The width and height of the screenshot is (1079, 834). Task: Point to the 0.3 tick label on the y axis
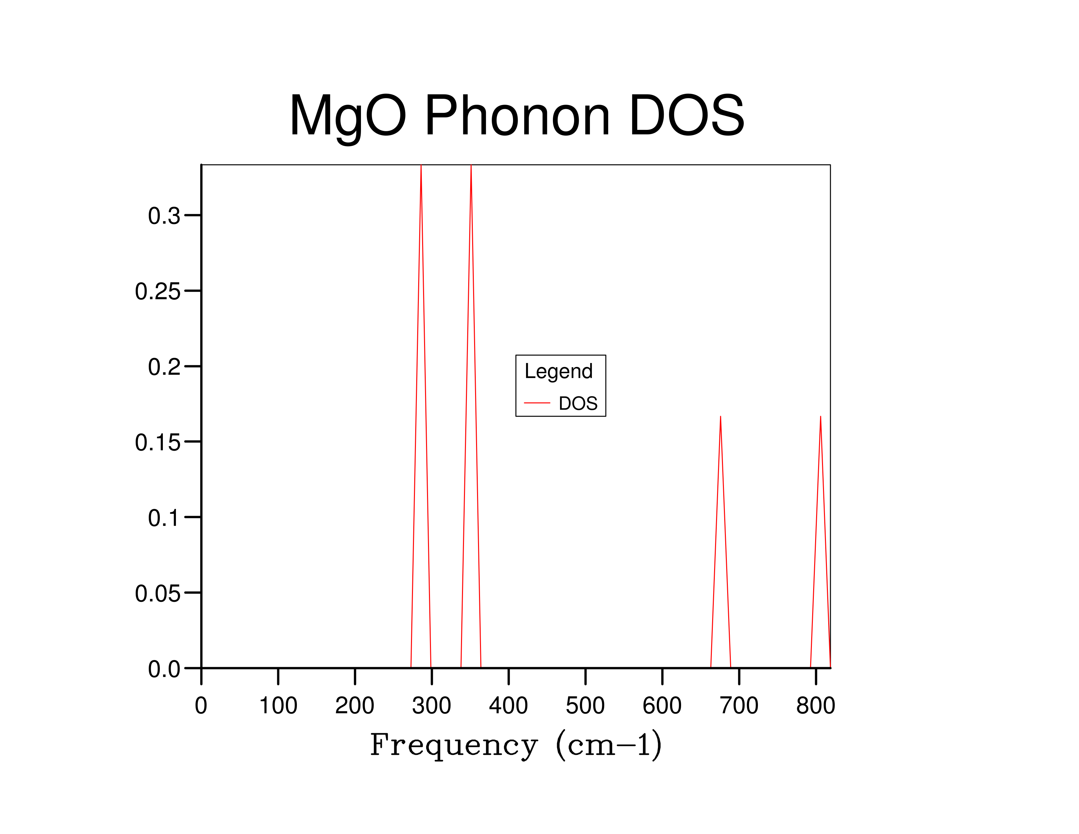click(164, 216)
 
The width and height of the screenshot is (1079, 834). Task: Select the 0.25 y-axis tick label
click(158, 291)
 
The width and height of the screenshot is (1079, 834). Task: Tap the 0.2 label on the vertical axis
click(164, 367)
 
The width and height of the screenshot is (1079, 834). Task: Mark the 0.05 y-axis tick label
click(158, 593)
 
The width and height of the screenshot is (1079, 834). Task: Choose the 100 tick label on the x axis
click(278, 705)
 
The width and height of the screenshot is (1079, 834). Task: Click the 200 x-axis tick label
click(355, 705)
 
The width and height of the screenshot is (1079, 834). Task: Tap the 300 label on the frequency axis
click(431, 705)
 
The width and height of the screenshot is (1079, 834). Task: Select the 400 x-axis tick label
click(508, 705)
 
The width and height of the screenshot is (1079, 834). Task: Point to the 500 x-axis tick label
click(585, 705)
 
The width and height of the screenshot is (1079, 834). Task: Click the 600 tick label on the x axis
click(662, 705)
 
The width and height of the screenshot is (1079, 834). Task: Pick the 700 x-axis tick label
click(739, 705)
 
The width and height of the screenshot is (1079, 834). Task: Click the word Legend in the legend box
click(558, 372)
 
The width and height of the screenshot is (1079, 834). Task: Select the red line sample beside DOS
click(537, 403)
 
